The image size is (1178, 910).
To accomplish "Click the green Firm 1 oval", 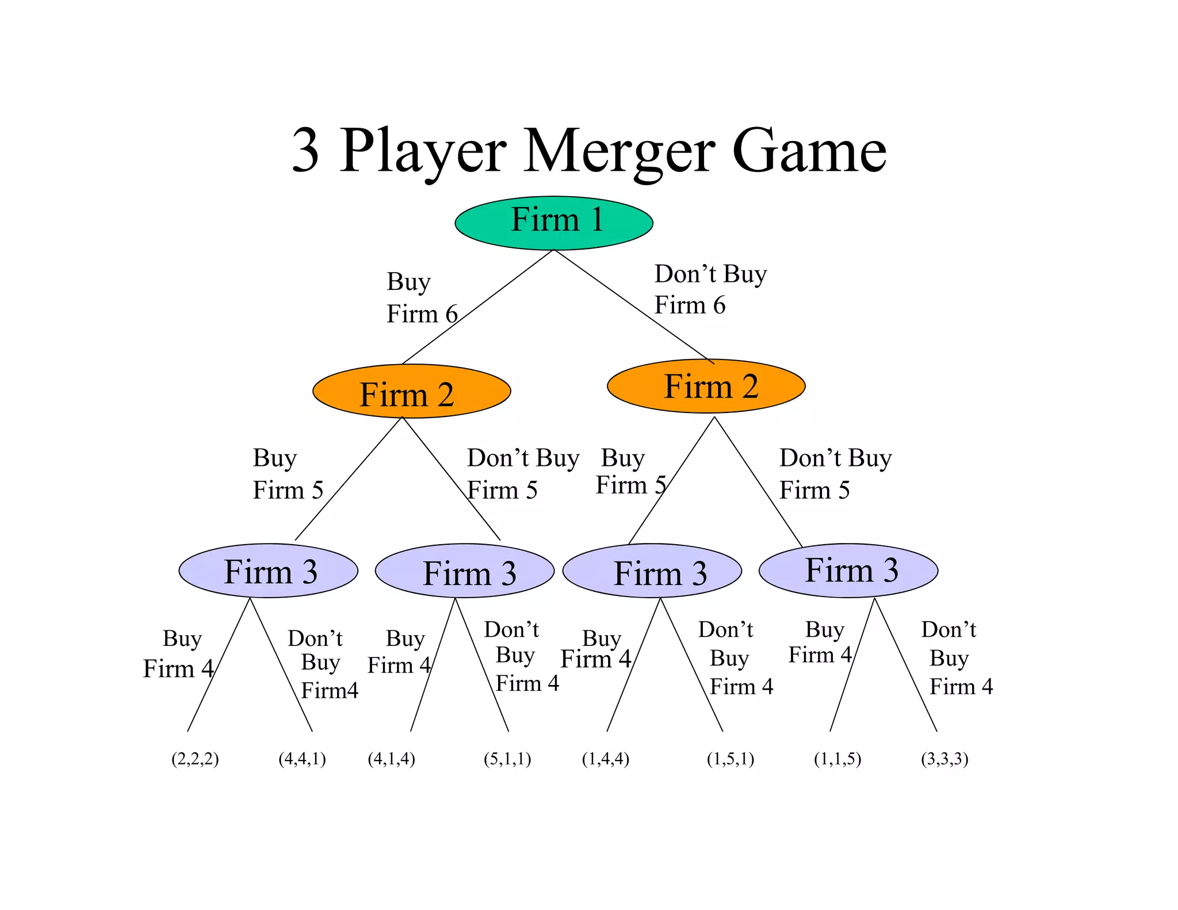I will click(553, 223).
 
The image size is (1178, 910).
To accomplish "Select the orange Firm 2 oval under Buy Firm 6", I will click(411, 392).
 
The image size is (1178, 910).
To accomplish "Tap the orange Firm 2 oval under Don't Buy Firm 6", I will click(706, 387).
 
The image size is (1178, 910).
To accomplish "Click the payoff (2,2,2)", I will click(195, 759).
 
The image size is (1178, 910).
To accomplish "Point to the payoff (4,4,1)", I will click(302, 759).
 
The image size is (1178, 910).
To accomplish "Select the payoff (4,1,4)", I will click(391, 759).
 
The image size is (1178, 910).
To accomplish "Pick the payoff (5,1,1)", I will click(507, 759).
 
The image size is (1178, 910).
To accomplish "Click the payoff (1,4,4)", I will click(606, 759).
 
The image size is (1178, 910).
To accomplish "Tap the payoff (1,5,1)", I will click(730, 759).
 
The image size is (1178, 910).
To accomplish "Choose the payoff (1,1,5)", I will click(837, 759).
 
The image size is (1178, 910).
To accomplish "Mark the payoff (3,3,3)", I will click(944, 759).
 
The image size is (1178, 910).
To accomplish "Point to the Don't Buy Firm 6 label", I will click(710, 289).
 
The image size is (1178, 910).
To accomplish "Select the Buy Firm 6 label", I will click(421, 298).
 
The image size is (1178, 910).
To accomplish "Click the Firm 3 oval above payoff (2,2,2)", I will click(268, 571).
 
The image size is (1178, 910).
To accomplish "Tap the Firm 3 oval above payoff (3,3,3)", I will click(848, 571).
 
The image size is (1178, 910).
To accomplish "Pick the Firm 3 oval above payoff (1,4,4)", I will click(652, 571).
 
